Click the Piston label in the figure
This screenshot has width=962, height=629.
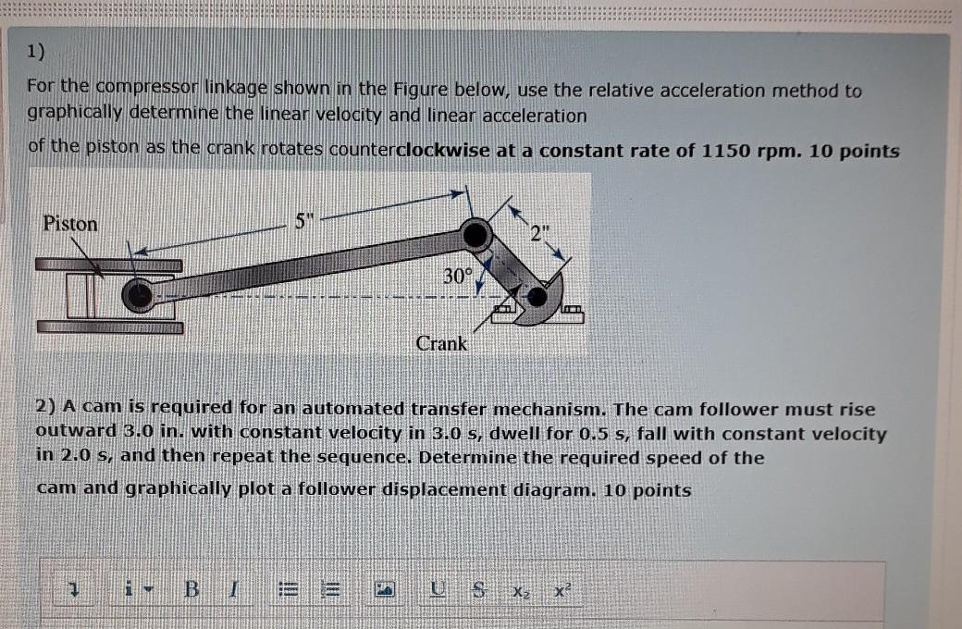[70, 224]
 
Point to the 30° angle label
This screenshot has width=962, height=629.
[457, 275]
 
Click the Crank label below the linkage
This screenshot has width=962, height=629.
[441, 343]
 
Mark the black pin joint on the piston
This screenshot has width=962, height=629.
[140, 295]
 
